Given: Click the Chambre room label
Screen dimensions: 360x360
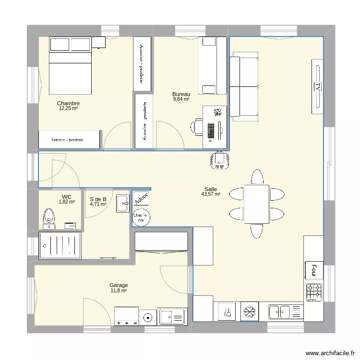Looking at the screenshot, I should click(68, 103).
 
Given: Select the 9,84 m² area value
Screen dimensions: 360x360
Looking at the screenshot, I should click(181, 99).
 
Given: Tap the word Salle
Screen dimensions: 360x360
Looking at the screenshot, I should click(210, 189).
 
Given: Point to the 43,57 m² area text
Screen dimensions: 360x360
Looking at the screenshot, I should click(211, 194).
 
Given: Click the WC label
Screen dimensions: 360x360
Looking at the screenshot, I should click(67, 196).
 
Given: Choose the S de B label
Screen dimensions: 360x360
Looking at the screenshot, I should click(98, 199).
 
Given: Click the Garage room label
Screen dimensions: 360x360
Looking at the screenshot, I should click(118, 285).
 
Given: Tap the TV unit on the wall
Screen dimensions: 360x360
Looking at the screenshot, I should click(317, 86).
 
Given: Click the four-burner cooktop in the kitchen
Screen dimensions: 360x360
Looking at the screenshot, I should click(314, 292).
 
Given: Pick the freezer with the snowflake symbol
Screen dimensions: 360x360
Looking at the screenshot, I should click(249, 312).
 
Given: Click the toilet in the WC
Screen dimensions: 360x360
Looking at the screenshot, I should click(48, 217).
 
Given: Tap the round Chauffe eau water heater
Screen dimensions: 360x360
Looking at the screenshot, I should click(141, 216).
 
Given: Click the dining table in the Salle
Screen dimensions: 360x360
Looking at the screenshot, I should click(256, 204).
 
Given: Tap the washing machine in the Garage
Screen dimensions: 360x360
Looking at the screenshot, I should click(148, 317).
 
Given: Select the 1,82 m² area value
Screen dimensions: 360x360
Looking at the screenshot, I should click(67, 202).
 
